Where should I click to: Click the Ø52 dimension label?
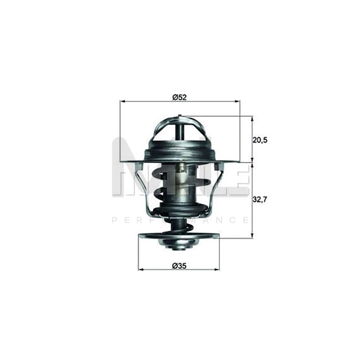[x=180, y=96]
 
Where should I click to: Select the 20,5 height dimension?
[x=260, y=140]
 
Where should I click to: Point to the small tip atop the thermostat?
[x=180, y=116]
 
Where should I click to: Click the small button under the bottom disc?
[x=179, y=247]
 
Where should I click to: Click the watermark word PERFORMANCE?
[x=180, y=220]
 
